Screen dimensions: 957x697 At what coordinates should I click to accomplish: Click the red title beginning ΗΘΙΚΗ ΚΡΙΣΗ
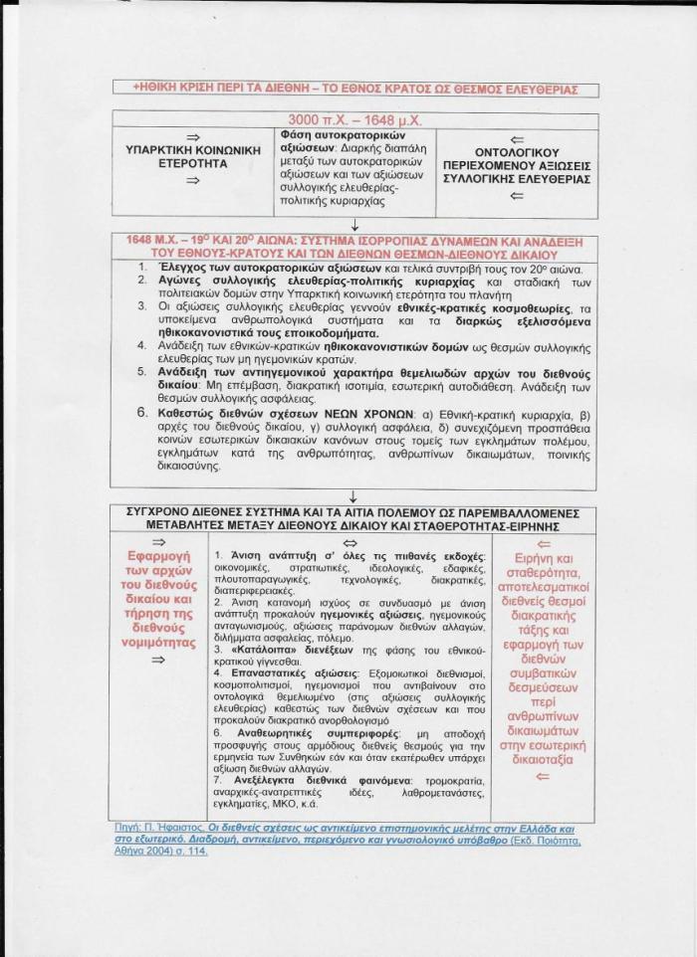(x=354, y=90)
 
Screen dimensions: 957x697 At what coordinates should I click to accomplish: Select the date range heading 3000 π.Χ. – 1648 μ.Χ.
(x=354, y=119)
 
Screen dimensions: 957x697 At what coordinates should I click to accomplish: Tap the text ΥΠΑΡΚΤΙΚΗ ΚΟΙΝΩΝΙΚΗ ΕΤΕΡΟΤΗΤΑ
(x=194, y=157)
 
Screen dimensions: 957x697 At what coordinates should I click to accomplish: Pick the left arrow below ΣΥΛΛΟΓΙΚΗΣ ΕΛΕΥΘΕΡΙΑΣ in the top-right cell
(x=516, y=196)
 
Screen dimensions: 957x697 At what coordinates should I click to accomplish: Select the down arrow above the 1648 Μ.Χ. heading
(x=354, y=226)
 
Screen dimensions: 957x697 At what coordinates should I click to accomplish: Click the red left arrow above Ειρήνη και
(x=542, y=543)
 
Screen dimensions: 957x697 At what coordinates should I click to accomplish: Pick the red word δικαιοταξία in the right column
(x=543, y=759)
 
